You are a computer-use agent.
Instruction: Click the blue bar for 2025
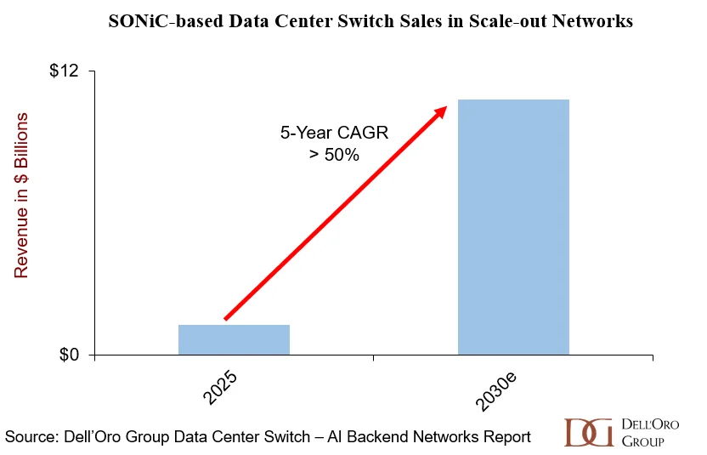234,339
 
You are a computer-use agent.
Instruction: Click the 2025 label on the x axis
220,387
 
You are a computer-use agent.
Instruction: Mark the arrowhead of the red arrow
441,111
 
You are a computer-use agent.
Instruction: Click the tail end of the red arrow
225,319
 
